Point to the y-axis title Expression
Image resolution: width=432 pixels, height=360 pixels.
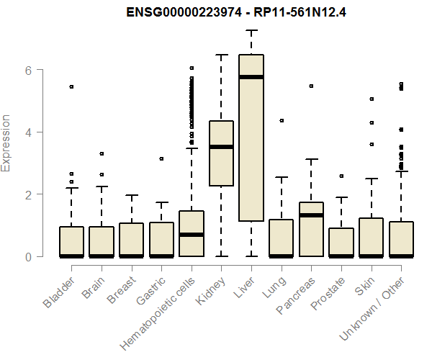tap(6, 143)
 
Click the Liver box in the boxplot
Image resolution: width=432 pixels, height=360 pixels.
tap(251, 137)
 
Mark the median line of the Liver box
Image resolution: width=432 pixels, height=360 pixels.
tap(251, 77)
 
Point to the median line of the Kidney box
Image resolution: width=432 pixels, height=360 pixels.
tap(221, 147)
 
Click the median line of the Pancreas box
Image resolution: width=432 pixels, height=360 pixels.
tap(311, 215)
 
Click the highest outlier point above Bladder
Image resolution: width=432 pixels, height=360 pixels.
tap(71, 86)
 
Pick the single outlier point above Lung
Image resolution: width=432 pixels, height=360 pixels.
tap(282, 120)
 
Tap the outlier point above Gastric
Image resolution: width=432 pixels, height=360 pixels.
tap(161, 158)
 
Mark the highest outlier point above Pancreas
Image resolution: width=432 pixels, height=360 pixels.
tap(311, 86)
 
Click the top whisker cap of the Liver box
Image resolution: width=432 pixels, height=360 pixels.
tap(251, 31)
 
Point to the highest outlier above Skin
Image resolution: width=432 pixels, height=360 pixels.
tap(372, 99)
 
